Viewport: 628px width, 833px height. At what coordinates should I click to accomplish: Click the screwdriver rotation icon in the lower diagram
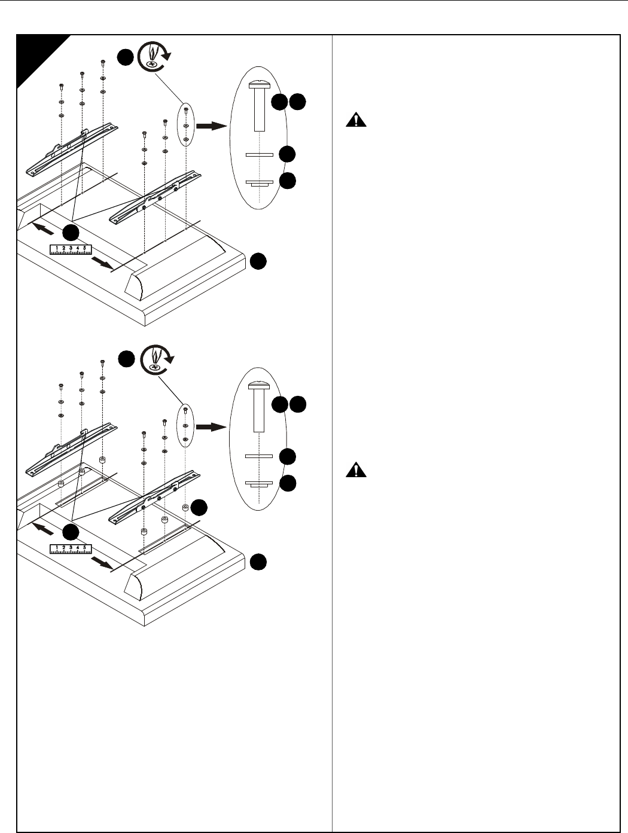154,359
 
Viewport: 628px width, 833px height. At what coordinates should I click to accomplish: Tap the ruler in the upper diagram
71,249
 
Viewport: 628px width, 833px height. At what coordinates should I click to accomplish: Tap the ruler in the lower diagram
71,550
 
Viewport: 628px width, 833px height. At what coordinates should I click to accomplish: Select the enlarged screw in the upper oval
260,105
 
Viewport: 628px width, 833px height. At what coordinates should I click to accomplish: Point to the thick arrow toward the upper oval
212,126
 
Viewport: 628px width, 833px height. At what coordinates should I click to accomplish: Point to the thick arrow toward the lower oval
212,427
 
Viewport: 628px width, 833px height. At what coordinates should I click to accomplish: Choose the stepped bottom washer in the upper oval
260,183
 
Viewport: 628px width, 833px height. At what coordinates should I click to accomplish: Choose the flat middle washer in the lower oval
260,456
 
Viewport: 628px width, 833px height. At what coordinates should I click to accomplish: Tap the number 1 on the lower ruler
57,548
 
